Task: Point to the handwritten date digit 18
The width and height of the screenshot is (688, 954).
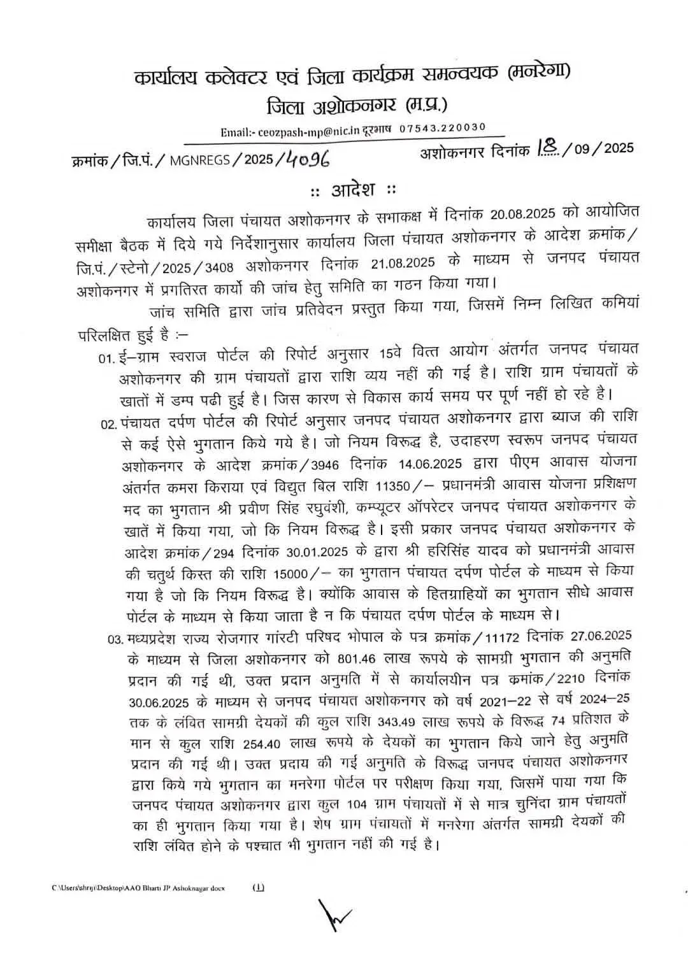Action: click(x=547, y=149)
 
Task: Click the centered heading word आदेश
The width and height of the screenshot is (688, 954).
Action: click(x=352, y=190)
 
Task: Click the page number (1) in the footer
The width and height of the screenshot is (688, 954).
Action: click(x=259, y=886)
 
